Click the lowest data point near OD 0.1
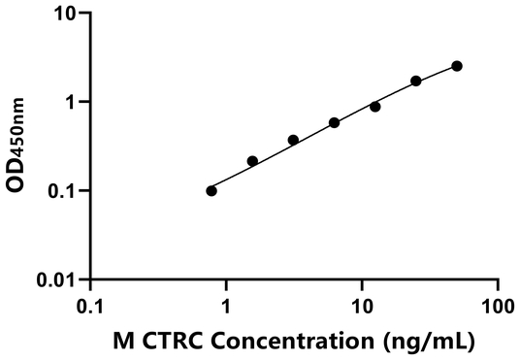(211, 190)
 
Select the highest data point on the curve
(457, 66)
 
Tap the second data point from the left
(252, 161)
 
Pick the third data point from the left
(293, 140)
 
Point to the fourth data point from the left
(334, 122)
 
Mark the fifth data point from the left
(375, 106)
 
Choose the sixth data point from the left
(416, 81)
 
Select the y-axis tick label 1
(70, 102)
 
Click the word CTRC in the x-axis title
(166, 341)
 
